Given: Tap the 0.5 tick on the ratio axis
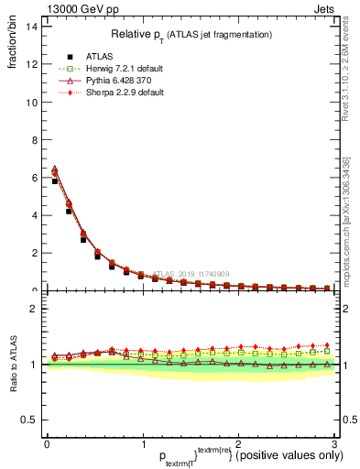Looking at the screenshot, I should click(x=30, y=420).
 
